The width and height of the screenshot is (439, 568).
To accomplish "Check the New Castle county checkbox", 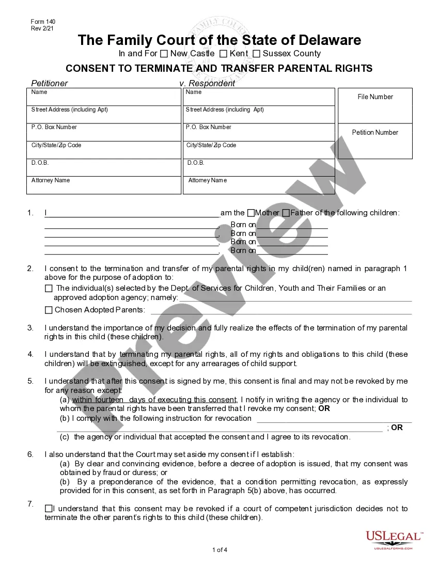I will [x=164, y=54].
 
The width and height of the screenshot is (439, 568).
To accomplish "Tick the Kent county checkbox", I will [x=223, y=54].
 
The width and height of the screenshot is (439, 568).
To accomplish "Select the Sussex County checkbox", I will [x=256, y=54].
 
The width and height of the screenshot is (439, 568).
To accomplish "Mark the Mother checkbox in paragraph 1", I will [x=251, y=213].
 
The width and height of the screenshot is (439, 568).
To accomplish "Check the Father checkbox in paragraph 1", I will [x=286, y=213].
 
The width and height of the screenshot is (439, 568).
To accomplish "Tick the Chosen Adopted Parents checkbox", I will [x=49, y=310].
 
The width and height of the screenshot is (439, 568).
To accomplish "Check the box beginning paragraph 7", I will [x=49, y=509].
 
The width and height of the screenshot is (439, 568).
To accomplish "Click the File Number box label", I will [x=375, y=97].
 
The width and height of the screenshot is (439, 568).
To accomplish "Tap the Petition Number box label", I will [x=375, y=133].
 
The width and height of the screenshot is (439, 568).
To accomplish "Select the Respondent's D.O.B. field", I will [x=259, y=167].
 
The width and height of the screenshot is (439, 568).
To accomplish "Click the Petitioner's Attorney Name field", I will [x=103, y=185].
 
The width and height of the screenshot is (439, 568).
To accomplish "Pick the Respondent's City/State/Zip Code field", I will [x=259, y=150].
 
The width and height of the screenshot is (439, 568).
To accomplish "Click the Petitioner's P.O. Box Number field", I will [x=103, y=132].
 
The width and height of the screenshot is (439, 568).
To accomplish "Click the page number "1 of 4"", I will [x=219, y=550].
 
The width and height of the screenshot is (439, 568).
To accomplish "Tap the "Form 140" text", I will [x=43, y=22].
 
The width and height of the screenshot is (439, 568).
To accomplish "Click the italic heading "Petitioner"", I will [x=50, y=83].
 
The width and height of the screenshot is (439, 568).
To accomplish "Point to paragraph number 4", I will [x=30, y=354].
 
